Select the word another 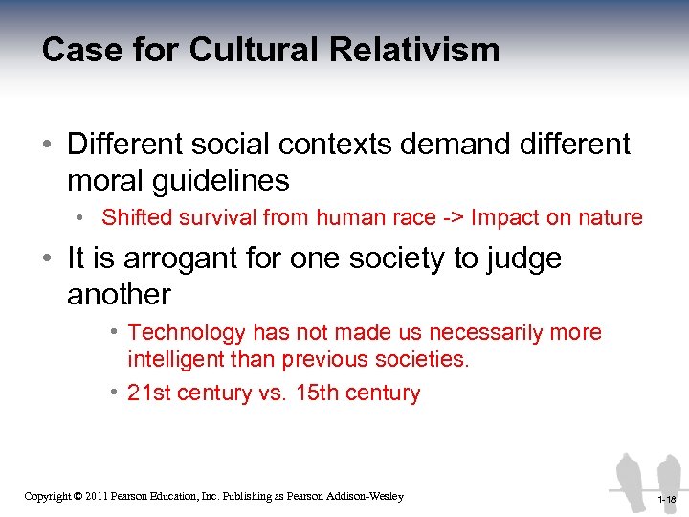[119, 294]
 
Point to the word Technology [187, 332]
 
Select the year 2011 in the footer [95, 496]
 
